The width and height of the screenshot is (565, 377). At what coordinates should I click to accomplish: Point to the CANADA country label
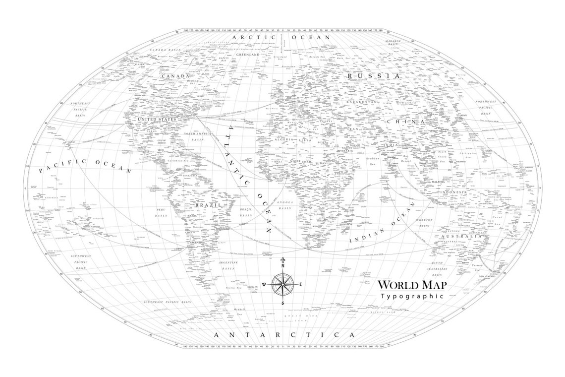pyautogui.click(x=174, y=76)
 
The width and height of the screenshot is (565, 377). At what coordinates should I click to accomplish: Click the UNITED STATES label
pyautogui.click(x=157, y=120)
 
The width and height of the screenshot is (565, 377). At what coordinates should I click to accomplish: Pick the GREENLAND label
pyautogui.click(x=248, y=55)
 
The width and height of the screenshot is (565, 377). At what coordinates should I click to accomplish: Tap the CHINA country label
pyautogui.click(x=406, y=121)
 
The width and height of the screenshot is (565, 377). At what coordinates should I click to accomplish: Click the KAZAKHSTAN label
pyautogui.click(x=362, y=102)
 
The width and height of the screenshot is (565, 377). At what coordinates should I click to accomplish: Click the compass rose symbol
pyautogui.click(x=283, y=285)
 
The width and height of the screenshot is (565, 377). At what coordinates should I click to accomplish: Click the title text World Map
pyautogui.click(x=412, y=285)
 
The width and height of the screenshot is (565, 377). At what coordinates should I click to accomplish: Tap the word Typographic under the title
pyautogui.click(x=411, y=296)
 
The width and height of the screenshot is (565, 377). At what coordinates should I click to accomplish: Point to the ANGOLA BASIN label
pyautogui.click(x=284, y=205)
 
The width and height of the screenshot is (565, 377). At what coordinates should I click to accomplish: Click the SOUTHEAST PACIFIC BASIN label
pyautogui.click(x=167, y=302)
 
